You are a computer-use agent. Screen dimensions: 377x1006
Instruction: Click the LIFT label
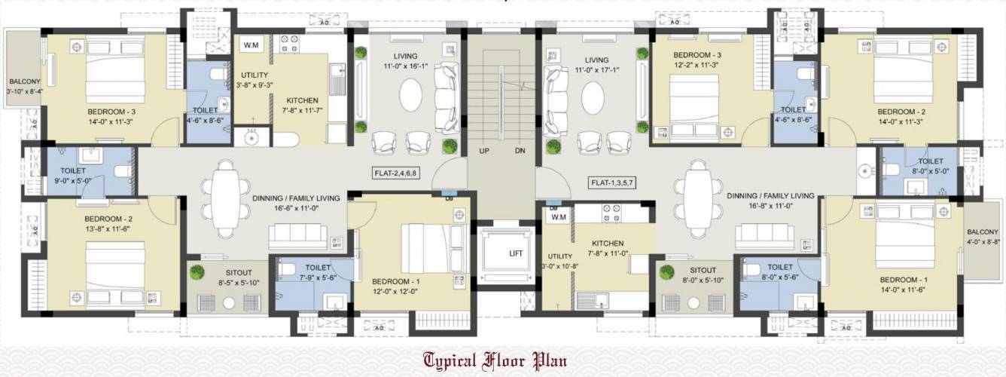click(516, 253)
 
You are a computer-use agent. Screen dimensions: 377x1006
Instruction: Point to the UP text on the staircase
click(486, 151)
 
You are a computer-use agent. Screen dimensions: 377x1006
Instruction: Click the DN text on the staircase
click(519, 151)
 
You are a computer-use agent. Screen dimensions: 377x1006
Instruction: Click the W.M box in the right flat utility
click(558, 217)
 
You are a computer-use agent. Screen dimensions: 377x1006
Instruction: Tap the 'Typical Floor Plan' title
click(495, 360)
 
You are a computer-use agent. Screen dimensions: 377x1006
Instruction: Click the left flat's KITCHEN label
click(302, 100)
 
